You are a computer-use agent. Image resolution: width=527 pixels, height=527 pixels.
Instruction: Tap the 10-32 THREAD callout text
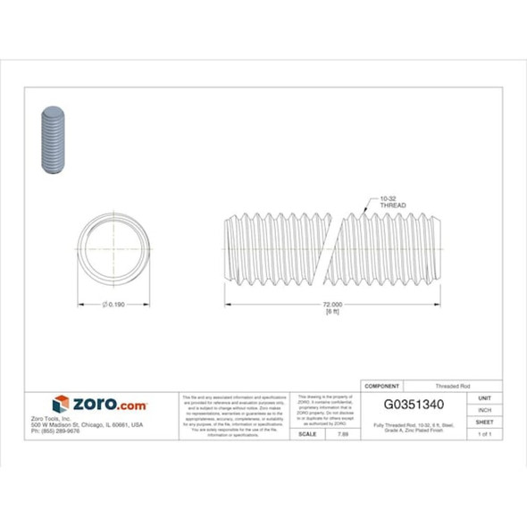[392, 202]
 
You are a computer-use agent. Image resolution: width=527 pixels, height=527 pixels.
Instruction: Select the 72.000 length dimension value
[331, 305]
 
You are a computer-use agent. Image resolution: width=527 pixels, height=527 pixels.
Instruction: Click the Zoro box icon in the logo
[61, 405]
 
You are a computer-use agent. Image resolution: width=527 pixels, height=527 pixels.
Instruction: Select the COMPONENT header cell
[381, 385]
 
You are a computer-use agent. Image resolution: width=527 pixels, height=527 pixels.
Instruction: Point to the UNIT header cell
[485, 397]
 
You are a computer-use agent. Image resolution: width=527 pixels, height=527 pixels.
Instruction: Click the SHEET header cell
[485, 421]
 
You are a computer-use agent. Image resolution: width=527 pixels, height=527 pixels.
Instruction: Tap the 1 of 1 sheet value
[485, 433]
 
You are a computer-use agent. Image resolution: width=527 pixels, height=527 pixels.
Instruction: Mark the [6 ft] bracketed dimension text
[331, 313]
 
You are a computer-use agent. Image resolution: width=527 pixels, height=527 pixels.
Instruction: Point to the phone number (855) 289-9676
[55, 431]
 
